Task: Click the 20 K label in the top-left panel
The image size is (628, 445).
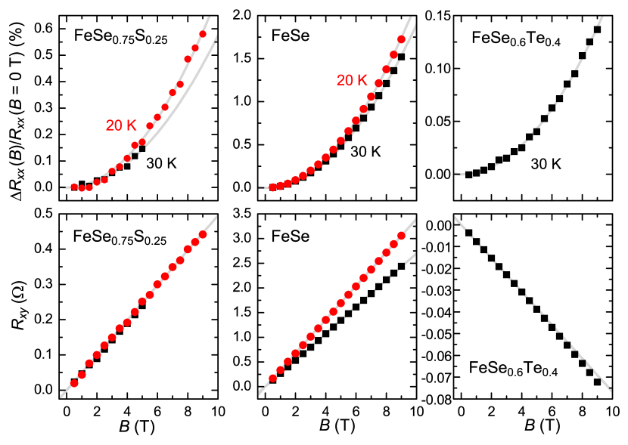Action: [121, 125]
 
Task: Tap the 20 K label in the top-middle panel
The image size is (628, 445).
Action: [352, 80]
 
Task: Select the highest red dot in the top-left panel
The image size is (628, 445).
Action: [203, 34]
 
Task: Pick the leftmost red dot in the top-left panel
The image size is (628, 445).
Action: [74, 187]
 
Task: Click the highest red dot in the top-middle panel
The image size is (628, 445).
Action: [402, 39]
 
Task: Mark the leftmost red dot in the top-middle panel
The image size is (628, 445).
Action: [273, 187]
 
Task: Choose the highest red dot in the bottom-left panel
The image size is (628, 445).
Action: [203, 234]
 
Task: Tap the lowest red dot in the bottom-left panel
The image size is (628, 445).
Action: [74, 383]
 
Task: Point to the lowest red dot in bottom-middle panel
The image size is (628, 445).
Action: [273, 379]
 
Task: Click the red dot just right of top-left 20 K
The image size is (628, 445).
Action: [150, 126]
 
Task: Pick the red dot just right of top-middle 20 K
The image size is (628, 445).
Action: [372, 97]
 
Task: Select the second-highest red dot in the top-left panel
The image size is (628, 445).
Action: [195, 48]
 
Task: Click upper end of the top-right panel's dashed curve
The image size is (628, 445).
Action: [603, 17]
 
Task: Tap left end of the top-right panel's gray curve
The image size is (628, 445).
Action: [455, 175]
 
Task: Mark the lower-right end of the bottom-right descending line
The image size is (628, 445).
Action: [610, 390]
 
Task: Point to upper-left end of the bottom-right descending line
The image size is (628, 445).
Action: [455, 218]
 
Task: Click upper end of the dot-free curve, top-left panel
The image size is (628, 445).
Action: [217, 36]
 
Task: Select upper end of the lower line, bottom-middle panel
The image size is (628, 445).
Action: [415, 255]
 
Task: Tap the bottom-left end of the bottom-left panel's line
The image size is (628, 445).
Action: [61, 395]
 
